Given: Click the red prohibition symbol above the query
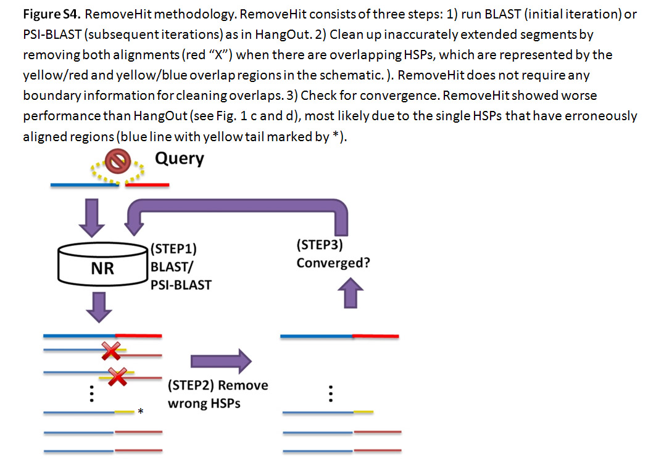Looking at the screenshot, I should point(115,163).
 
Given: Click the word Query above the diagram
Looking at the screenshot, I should point(179,158).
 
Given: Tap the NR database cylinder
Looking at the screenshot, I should point(102,269).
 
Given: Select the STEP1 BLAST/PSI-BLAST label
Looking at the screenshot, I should point(180,267).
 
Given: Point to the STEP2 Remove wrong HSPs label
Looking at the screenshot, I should point(218,394).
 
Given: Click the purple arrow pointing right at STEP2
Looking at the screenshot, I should point(222,361).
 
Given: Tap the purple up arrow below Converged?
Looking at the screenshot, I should point(349,293).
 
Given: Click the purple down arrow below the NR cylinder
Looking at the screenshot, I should point(102,306).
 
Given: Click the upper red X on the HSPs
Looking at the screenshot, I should point(112,352).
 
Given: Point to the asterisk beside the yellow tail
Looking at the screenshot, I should point(141,412).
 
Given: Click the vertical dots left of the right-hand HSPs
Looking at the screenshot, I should point(331,393).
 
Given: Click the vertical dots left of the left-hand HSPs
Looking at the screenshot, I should point(91,393).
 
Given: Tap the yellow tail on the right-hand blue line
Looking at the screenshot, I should point(363,411).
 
